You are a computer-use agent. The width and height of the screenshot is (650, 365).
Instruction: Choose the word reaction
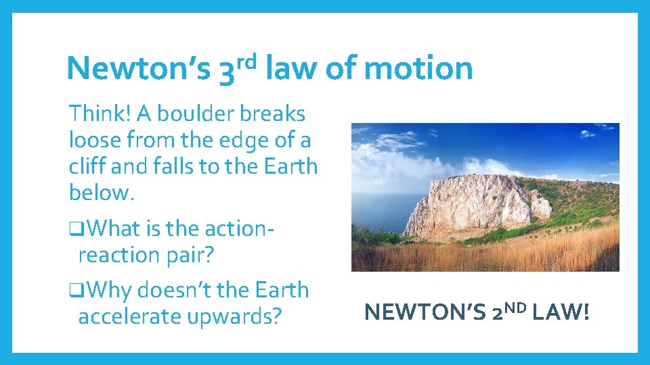tap(116, 255)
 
